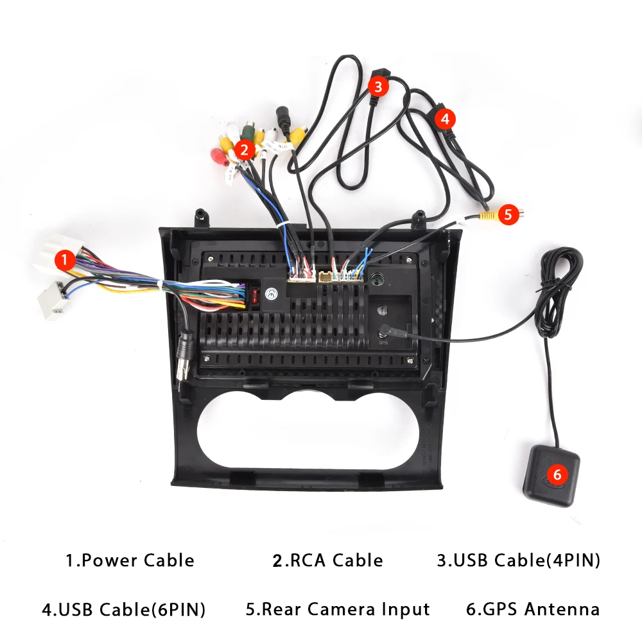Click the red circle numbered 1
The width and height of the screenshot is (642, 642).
click(x=65, y=260)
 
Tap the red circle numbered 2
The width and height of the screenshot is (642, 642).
click(x=244, y=150)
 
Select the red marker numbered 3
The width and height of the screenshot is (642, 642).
click(x=378, y=85)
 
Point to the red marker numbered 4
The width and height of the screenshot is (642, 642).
click(x=445, y=118)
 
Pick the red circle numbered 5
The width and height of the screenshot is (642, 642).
click(x=508, y=214)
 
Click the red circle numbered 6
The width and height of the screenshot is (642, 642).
click(x=557, y=475)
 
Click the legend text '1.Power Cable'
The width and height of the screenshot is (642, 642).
click(x=130, y=560)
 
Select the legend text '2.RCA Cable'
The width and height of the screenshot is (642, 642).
click(x=327, y=560)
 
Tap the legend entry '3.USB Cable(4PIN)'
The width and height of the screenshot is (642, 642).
click(x=518, y=560)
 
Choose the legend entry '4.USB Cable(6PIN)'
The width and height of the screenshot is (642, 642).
click(x=123, y=609)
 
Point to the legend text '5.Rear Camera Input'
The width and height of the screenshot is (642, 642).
click(x=338, y=609)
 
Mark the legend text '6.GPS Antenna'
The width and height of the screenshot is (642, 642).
click(x=533, y=609)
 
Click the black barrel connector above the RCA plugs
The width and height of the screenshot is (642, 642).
click(x=282, y=119)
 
